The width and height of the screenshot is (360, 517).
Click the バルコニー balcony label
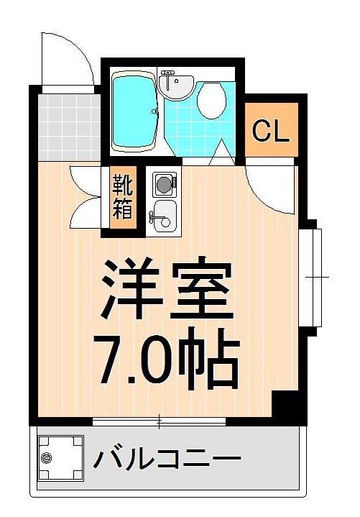point(166,457)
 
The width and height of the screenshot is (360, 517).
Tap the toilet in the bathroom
point(211,101)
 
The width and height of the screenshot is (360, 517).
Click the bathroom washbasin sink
point(174,86)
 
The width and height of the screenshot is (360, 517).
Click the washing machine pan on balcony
point(60,458)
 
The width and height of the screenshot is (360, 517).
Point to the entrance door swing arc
point(68,58)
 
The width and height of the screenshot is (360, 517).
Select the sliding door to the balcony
point(160,421)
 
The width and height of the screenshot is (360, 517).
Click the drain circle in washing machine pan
point(47,458)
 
